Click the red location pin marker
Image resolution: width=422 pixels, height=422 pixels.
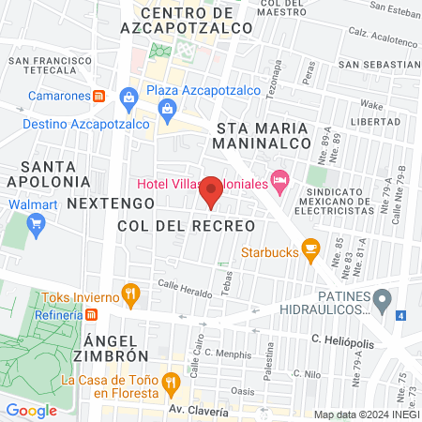point(212,190)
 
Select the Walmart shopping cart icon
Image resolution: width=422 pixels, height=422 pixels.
point(37,223)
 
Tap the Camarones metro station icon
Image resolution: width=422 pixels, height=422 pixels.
point(98,96)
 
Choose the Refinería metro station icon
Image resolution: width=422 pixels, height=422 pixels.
point(87,315)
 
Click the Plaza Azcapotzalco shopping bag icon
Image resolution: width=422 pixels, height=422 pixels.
point(128,96)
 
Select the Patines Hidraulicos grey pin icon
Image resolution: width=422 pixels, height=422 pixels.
point(382,301)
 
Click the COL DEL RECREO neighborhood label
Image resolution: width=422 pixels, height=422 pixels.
point(187,226)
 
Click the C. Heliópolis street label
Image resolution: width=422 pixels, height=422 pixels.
point(342,343)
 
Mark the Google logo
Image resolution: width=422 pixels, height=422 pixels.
point(31,410)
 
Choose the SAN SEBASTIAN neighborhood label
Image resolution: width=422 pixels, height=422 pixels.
point(373,65)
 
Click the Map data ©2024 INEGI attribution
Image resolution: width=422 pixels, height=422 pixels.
point(366,414)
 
